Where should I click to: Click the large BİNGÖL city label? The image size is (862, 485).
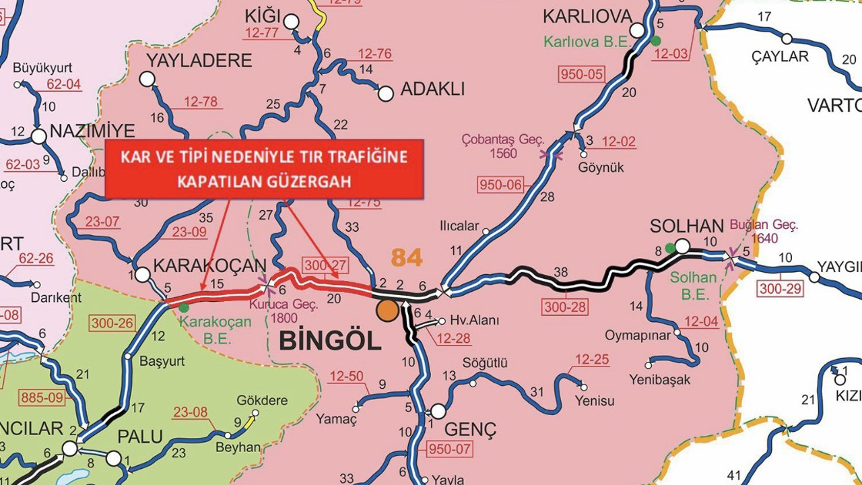(x=330, y=341)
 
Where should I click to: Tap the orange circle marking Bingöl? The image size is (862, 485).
(x=387, y=310)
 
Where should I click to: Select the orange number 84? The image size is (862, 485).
(x=407, y=257)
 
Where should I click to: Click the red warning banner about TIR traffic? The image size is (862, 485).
(x=264, y=169)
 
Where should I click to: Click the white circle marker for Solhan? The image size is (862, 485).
(x=682, y=247)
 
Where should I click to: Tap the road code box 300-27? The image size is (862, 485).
(x=325, y=265)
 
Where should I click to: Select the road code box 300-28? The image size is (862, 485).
(x=564, y=307)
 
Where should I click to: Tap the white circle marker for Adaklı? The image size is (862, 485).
(x=386, y=94)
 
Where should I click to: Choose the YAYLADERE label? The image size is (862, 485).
(x=199, y=61)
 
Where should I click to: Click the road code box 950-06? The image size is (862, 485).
(x=500, y=185)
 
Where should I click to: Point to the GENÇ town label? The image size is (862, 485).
(x=471, y=428)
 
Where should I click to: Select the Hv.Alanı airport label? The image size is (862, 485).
(x=469, y=321)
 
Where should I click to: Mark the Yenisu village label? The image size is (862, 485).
(x=595, y=401)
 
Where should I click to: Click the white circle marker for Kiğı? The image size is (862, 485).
(x=291, y=22)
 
